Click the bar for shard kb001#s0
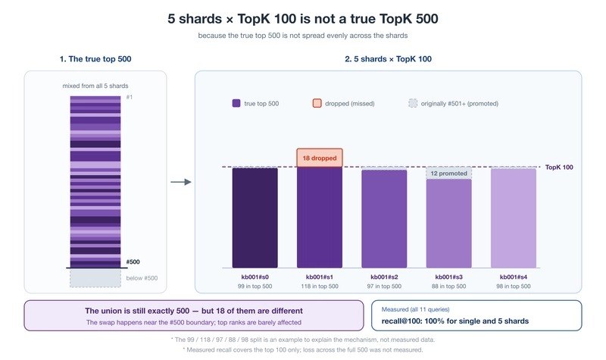[x=255, y=218]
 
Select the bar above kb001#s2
[x=384, y=219]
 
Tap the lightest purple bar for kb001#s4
[x=514, y=218]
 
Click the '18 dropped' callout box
[x=320, y=158]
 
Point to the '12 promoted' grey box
[x=448, y=174]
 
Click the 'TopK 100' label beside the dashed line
[x=559, y=167]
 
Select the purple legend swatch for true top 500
[x=236, y=103]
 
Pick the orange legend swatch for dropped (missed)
[x=317, y=103]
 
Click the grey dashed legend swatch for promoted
[x=413, y=103]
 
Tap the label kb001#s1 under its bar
[x=320, y=277]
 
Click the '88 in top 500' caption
[x=448, y=286]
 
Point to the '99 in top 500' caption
[x=255, y=286]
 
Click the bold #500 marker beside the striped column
[x=133, y=261]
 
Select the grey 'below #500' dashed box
[x=95, y=278]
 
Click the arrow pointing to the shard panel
[x=181, y=182]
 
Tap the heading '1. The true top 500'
[x=95, y=59]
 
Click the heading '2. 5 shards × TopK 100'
[x=388, y=59]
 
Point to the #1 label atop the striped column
[x=129, y=97]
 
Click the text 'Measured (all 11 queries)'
[x=415, y=309]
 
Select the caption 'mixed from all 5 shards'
[x=95, y=86]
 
